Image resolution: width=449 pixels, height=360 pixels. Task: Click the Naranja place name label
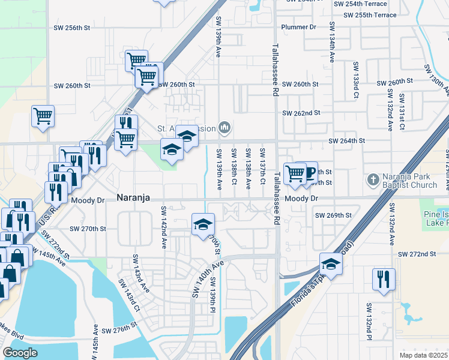point(133,197)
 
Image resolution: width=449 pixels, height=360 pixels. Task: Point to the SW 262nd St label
point(301,113)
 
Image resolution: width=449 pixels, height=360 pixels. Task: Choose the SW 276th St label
point(120,331)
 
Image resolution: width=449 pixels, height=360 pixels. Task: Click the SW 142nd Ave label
point(163,227)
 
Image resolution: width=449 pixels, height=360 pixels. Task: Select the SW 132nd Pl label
point(369,322)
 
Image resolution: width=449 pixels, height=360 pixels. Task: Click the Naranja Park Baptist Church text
point(411,181)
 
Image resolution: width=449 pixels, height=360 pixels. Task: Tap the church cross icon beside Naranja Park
point(372,179)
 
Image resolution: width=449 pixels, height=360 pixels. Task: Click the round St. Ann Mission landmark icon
point(225,127)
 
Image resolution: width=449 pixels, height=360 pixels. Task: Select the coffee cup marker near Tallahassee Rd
point(309,173)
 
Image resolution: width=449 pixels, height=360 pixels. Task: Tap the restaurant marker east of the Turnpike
point(382,280)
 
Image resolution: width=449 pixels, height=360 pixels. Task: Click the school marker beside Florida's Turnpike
point(331,263)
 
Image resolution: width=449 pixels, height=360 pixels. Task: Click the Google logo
point(20,352)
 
